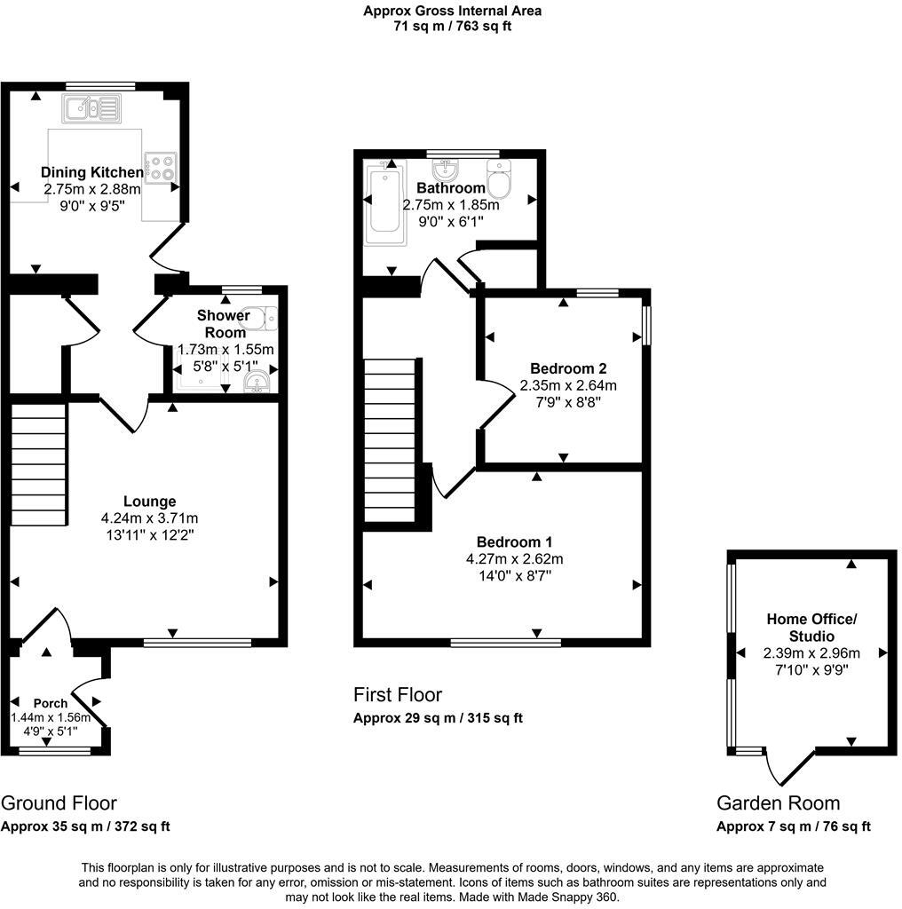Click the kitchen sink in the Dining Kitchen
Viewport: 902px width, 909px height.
click(91, 110)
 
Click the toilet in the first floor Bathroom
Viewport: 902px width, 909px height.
click(498, 180)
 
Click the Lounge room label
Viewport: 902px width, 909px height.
click(149, 502)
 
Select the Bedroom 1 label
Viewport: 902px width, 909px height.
click(514, 541)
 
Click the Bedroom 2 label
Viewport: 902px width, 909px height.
click(567, 368)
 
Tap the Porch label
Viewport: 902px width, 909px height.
click(51, 703)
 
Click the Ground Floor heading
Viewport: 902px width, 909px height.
click(59, 803)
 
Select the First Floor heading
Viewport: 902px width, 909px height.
click(397, 694)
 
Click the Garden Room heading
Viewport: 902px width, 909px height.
click(778, 803)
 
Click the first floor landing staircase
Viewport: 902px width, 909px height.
click(390, 440)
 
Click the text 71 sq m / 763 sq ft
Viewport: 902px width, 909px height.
click(452, 26)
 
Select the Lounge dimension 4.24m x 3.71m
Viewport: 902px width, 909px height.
click(149, 518)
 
